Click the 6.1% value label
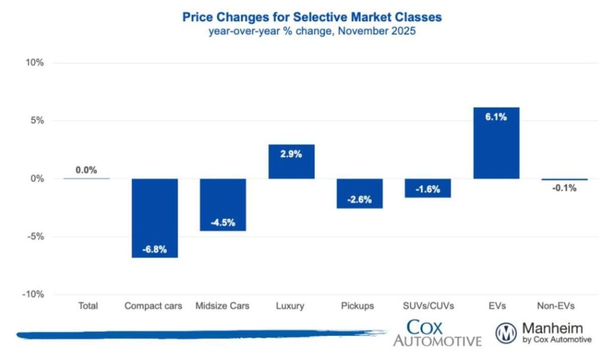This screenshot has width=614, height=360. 496,118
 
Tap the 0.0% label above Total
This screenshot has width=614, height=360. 86,170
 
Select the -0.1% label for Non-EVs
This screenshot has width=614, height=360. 564,188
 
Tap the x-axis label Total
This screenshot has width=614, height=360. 88,306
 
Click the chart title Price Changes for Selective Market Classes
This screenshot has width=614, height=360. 312,17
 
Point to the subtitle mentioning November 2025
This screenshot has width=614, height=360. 312,32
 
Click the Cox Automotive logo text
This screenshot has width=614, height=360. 437,333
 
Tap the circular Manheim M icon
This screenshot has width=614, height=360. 506,334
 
